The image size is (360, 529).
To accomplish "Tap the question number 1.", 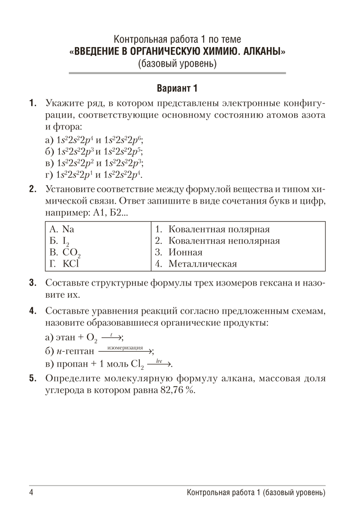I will pyautogui.click(x=33, y=103).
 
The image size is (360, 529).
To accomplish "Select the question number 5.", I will pyautogui.click(x=33, y=379).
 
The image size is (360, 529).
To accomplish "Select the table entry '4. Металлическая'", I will pyautogui.click(x=196, y=263).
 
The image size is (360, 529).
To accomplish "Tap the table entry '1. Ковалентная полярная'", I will pyautogui.click(x=213, y=230).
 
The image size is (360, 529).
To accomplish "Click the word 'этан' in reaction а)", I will pyautogui.click(x=65, y=338).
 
